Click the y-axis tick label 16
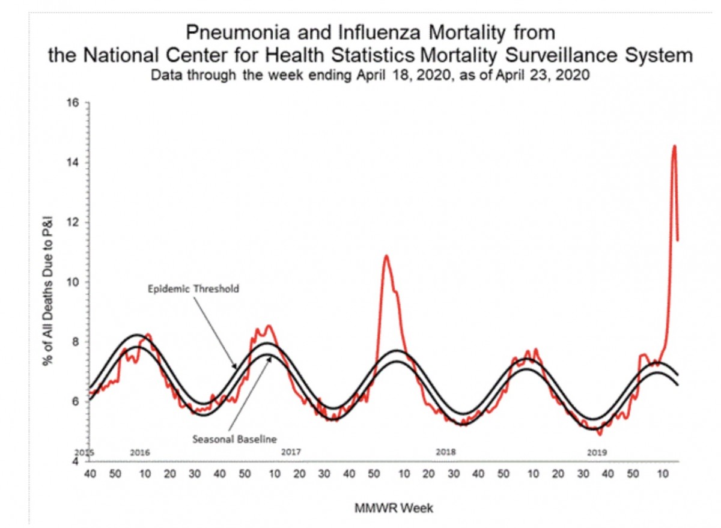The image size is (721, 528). click(75, 103)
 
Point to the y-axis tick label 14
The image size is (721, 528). click(75, 163)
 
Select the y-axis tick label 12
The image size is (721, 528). click(75, 222)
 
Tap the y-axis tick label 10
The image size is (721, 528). click(75, 282)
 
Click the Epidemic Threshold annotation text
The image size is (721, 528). click(193, 289)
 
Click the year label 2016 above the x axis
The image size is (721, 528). click(139, 452)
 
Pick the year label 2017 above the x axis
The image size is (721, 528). click(291, 452)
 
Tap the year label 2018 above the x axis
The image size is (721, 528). click(445, 452)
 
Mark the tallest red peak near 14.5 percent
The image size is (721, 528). click(674, 146)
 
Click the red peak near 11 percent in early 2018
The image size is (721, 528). click(386, 256)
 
